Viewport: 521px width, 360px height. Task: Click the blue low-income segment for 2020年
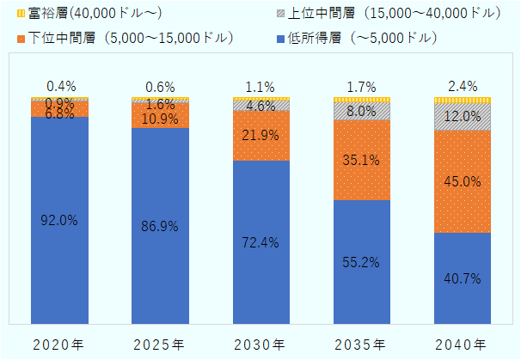coord(59,258)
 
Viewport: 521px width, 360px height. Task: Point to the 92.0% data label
coord(59,220)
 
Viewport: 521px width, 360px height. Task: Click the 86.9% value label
coord(161,227)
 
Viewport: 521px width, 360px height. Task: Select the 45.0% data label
coord(462,181)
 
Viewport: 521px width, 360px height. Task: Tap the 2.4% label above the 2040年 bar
coord(462,86)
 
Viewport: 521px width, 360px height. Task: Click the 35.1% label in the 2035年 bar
coord(361,159)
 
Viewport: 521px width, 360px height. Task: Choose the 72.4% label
coord(260,242)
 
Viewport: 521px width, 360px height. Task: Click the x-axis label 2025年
coord(160,345)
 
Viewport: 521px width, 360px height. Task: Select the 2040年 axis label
coord(462,345)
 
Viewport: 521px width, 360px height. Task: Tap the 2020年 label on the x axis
coord(59,345)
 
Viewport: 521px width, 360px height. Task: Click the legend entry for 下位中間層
coord(130,38)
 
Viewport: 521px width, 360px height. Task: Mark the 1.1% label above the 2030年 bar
coord(260,86)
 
